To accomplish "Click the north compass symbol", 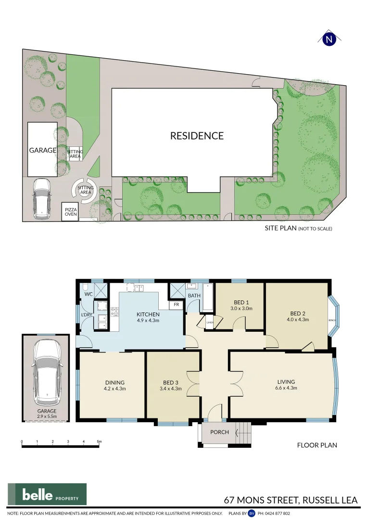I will click(329, 39).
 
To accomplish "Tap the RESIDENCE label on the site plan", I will click(197, 136).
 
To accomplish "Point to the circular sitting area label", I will click(85, 189).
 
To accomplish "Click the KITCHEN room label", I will click(148, 313).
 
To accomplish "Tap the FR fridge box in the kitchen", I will click(176, 305).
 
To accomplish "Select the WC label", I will click(89, 294).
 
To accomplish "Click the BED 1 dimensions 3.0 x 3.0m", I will click(241, 309).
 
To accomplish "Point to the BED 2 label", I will click(297, 312).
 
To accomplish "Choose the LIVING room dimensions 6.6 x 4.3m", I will click(286, 388).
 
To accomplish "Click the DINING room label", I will click(114, 383).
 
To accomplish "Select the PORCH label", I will click(220, 432).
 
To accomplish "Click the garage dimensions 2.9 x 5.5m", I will click(47, 417).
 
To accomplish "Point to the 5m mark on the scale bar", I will click(99, 442).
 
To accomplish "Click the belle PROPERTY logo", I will click(47, 494).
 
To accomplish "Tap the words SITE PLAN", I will click(280, 228).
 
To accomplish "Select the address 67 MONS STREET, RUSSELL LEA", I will click(292, 500).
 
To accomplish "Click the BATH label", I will click(194, 296).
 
